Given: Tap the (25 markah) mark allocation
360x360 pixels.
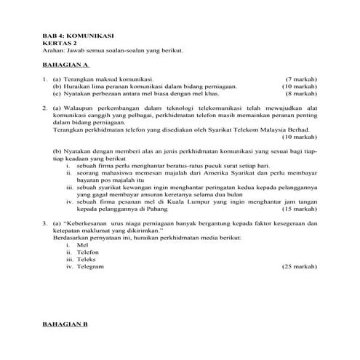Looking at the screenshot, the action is [x=300, y=266].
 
